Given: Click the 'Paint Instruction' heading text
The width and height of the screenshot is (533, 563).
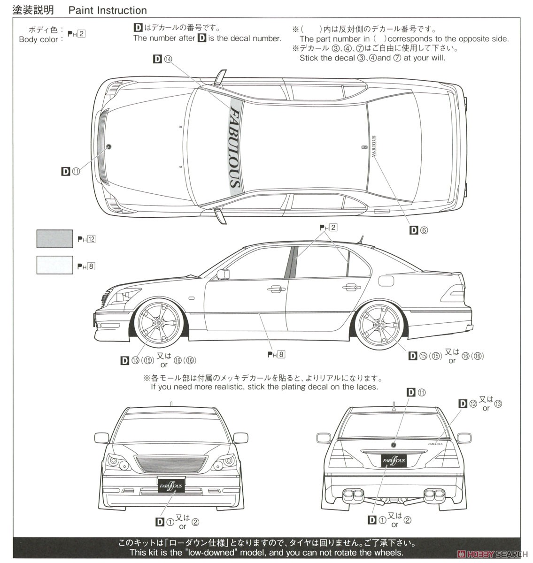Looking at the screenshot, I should (x=108, y=10).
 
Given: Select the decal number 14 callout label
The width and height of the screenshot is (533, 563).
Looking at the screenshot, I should (x=163, y=59).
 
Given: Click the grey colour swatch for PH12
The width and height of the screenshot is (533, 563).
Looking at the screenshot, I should (x=54, y=239).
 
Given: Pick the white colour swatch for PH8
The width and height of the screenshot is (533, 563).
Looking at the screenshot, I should (x=54, y=265).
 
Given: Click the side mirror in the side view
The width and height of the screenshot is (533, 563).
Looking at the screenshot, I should (x=223, y=274).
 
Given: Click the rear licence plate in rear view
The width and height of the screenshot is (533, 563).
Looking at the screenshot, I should (x=394, y=461).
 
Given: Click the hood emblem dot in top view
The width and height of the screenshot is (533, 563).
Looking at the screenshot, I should (x=109, y=146).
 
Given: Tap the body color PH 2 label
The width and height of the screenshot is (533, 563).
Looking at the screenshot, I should (x=76, y=34).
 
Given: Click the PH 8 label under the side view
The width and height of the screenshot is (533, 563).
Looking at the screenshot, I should (x=276, y=355).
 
